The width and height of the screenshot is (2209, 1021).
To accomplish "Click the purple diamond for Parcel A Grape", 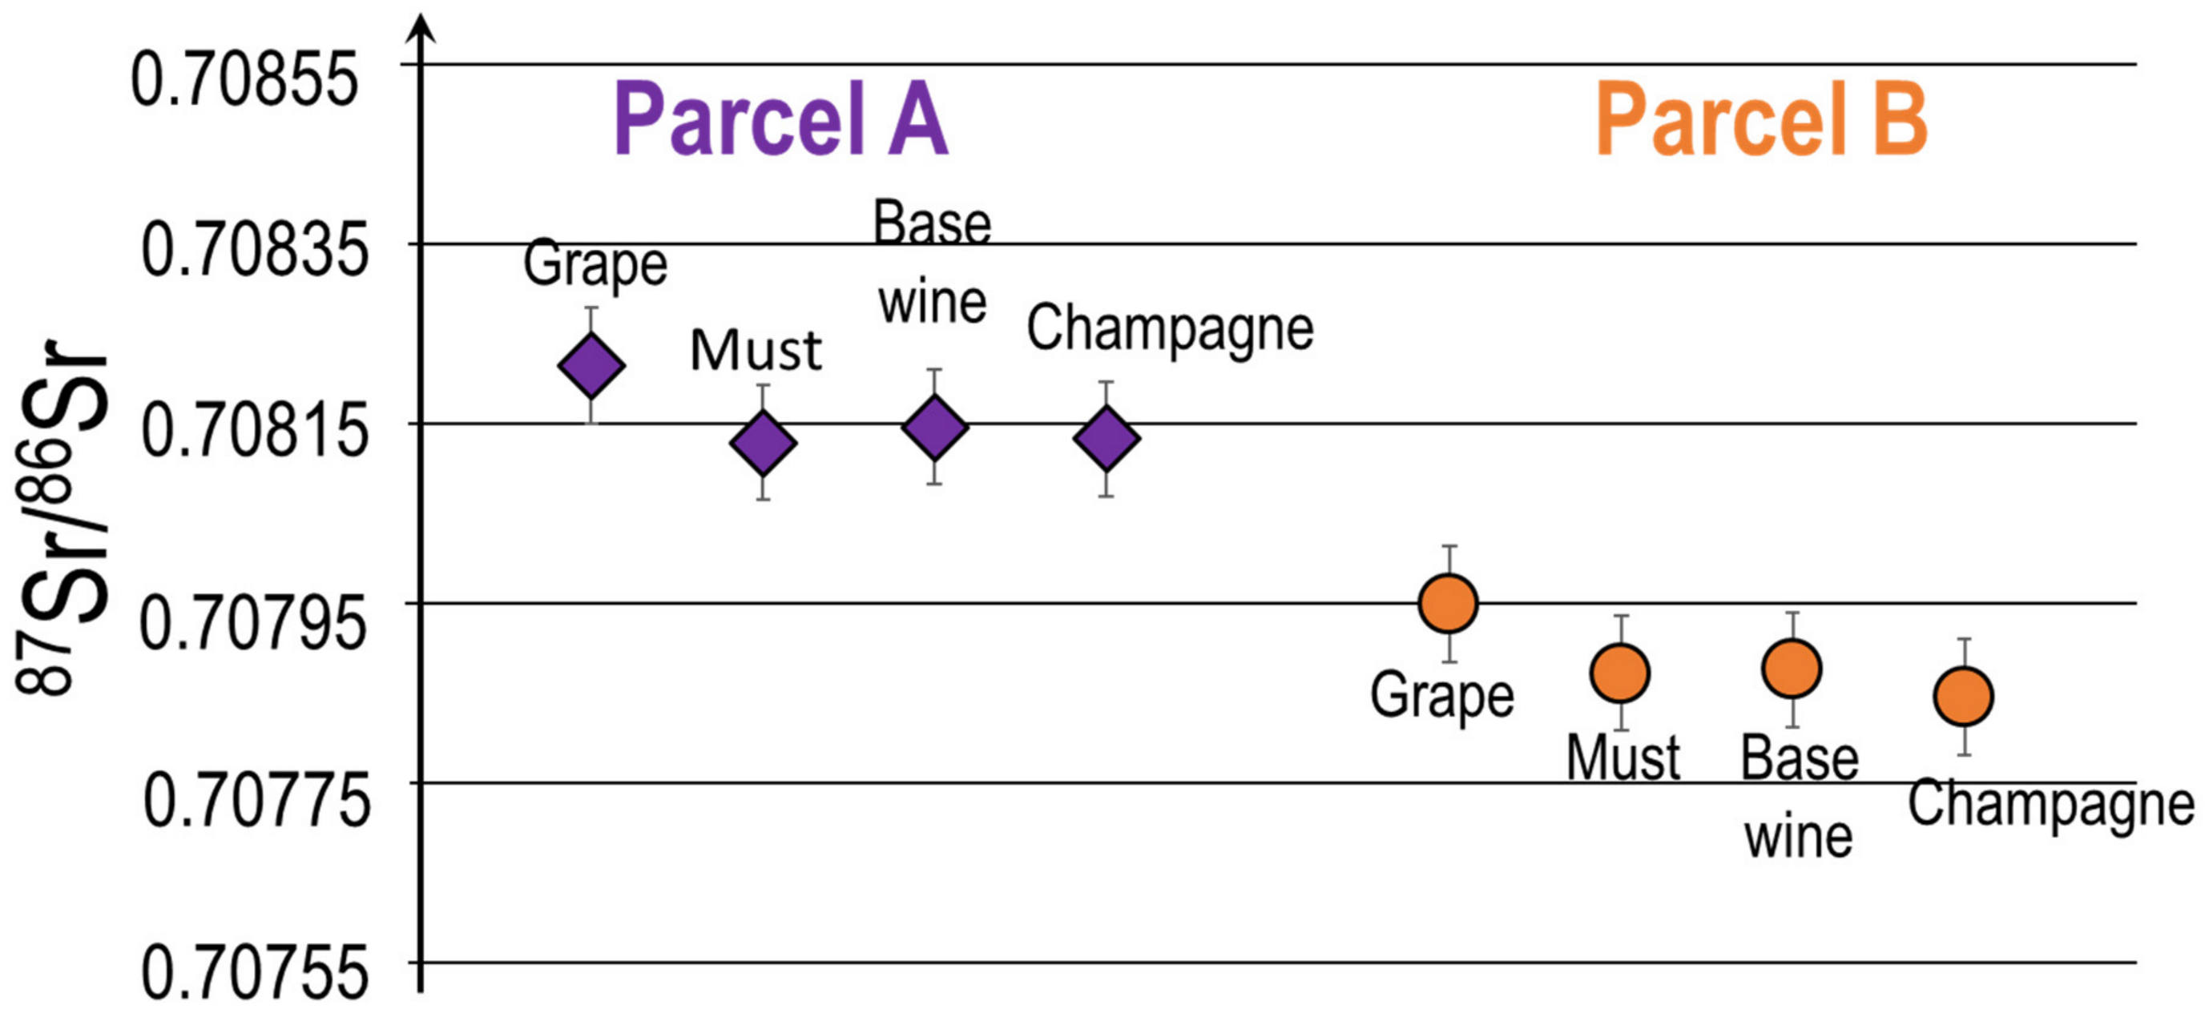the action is [591, 365].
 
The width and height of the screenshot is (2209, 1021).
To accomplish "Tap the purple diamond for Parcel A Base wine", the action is [935, 427].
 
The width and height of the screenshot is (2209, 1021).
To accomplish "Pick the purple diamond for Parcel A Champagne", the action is [1107, 438].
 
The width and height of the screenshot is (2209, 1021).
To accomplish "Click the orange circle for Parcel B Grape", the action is [1449, 604].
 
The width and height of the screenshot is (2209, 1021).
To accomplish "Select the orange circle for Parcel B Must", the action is [1620, 673].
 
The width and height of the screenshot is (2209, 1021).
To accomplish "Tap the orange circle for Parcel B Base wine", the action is [1792, 669].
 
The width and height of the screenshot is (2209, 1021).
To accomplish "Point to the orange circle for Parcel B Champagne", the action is [1963, 696].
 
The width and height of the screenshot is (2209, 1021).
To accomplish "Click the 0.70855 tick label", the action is [244, 78].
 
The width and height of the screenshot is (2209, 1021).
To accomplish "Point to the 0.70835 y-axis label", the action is [255, 250].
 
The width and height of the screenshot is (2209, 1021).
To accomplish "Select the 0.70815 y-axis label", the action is [255, 430].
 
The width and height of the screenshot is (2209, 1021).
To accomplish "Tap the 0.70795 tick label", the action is [253, 622].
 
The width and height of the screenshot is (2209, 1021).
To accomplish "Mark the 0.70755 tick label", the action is [255, 973].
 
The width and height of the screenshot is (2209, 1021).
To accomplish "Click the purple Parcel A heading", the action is [781, 119].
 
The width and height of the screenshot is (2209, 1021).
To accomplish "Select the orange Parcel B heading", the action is [1761, 119].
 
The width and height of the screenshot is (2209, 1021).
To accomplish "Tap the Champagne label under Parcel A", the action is [1171, 330].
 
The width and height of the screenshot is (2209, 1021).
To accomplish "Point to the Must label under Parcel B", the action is [1623, 758].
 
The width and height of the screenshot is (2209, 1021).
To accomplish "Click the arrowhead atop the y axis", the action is [420, 29].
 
